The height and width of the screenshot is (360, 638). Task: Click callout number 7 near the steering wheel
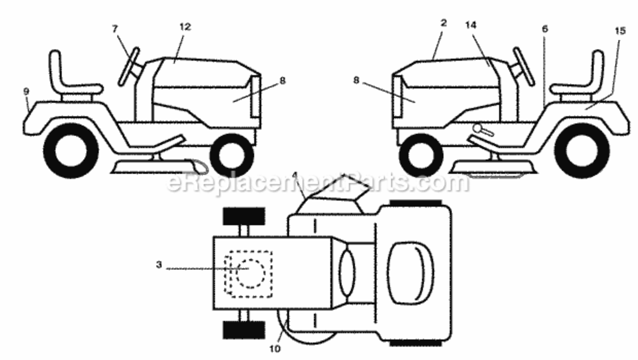(x=115, y=29)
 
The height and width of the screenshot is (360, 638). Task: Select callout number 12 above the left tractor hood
(x=185, y=27)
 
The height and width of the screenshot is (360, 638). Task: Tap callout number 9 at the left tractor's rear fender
(x=26, y=92)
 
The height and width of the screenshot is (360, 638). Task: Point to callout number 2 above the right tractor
(x=444, y=23)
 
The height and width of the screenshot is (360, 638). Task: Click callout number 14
(x=471, y=25)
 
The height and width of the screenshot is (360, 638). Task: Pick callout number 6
(x=544, y=29)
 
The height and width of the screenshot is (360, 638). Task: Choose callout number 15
(x=620, y=31)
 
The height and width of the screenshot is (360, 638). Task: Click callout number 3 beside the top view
(x=159, y=265)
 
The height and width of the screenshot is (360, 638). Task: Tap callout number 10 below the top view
(x=275, y=348)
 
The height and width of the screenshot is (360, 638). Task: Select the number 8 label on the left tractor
(x=282, y=81)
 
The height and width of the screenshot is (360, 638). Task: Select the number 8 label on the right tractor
(x=356, y=80)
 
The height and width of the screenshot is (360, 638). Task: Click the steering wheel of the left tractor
(x=129, y=67)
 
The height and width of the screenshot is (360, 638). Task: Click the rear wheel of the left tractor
(x=71, y=151)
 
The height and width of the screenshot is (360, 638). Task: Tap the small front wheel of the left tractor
(x=232, y=156)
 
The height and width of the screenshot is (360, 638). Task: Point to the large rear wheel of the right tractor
(x=582, y=151)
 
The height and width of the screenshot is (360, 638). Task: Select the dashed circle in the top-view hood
(x=251, y=274)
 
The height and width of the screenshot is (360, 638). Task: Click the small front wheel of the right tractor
(x=421, y=156)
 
